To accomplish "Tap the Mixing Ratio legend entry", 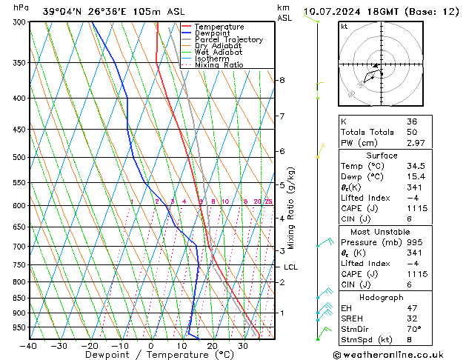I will coord(219,65).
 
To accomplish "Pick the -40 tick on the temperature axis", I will coord(29,346).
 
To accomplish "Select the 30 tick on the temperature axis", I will coord(243,346).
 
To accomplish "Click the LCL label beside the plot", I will coord(290,267).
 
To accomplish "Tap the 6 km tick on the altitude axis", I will coord(282,151).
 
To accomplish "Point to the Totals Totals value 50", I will coord(410,131).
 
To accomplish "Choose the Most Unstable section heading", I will coord(382,231).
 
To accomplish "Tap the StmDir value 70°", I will coord(412,330).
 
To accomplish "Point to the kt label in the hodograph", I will coord(344,27).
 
